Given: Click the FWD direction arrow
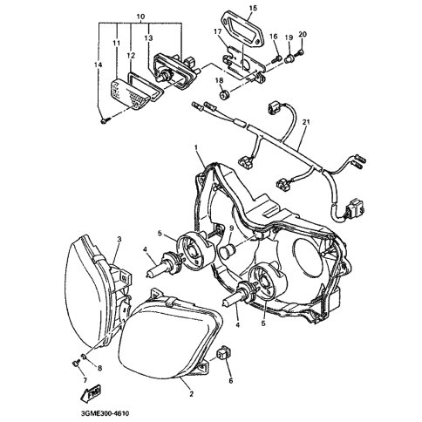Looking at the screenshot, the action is pos(91,393).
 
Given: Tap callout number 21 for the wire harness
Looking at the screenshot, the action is pos(306,122).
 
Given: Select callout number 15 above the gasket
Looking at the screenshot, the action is pos(253,8).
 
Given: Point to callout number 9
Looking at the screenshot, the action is pos(232,228).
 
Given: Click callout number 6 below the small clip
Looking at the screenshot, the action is pos(231,380).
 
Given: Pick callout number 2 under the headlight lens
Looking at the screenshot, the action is pos(191,394).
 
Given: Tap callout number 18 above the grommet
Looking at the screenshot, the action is pos(219,80).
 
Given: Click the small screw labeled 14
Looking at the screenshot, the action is pos(105,121).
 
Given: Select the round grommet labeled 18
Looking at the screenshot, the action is pos(224,95).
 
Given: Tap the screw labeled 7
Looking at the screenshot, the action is pos(77,363).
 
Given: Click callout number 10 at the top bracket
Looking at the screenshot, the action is pos(140,17).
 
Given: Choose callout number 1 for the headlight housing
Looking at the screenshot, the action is pos(196,148).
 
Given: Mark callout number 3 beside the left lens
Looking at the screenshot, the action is pos(119,239).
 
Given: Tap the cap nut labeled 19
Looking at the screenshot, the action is pos(289,59).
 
